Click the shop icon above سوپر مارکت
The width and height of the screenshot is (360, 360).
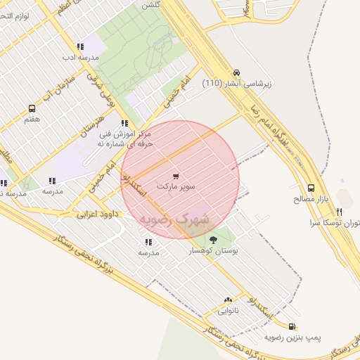point(175,176)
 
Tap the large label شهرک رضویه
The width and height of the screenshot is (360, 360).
point(174,219)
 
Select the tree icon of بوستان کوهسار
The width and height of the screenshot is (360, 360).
point(213,240)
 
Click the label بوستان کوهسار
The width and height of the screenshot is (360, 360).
point(214,251)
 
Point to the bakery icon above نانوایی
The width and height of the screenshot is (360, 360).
point(227,300)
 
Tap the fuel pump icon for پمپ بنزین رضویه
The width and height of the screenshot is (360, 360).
point(291,326)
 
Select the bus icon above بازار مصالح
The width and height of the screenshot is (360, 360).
point(311,188)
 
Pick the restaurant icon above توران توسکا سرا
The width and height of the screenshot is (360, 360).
point(339,211)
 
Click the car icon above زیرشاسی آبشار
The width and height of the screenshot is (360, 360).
point(237,72)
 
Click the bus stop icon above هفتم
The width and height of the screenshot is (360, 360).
point(32,108)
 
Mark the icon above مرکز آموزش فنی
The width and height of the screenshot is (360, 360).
point(124,123)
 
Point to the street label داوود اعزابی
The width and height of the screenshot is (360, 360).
point(91,212)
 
